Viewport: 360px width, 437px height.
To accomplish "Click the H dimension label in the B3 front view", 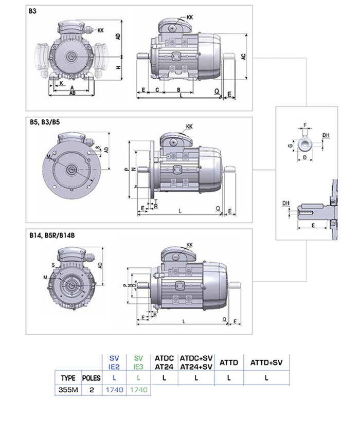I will (x=118, y=67).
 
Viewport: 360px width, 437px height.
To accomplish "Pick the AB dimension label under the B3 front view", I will (x=73, y=93).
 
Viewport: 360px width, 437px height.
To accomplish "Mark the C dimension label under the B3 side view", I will (x=156, y=89).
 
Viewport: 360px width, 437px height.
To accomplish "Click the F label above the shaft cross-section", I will (x=305, y=125).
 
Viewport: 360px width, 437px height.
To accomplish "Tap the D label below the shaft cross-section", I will (x=304, y=157).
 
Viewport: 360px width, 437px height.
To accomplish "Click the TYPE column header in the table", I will (x=68, y=377).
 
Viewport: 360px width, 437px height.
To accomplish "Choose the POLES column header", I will (x=91, y=377).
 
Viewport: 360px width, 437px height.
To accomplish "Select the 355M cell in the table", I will (x=68, y=390).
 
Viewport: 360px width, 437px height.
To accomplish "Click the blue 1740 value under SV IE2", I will (x=114, y=390).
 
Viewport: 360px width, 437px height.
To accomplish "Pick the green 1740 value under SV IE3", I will (x=138, y=390).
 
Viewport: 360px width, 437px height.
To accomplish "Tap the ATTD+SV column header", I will (x=266, y=362).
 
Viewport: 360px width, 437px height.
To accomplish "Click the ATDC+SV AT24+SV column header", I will (x=196, y=362).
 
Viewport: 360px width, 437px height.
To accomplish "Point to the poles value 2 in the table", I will (x=91, y=390).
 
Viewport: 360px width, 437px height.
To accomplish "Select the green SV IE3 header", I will (x=138, y=362).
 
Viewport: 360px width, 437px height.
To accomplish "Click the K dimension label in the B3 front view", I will (x=62, y=83).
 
